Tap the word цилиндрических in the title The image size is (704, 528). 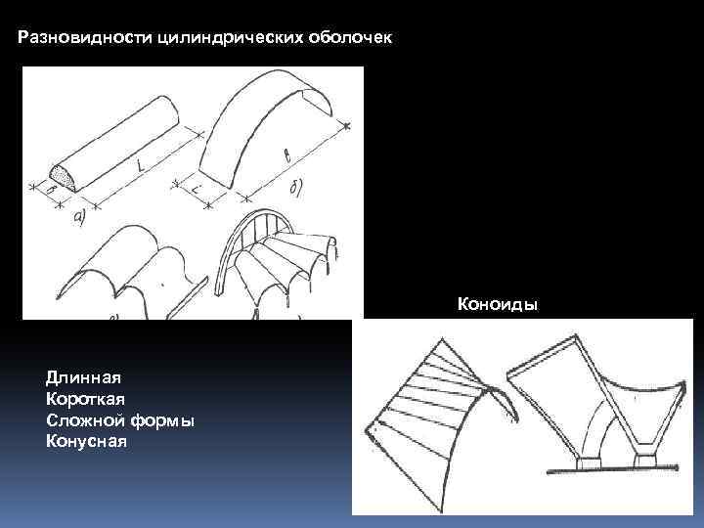(201, 39)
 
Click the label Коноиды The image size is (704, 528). (497, 304)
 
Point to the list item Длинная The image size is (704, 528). (82, 375)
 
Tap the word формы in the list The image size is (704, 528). (158, 419)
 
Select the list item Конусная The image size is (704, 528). (86, 441)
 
